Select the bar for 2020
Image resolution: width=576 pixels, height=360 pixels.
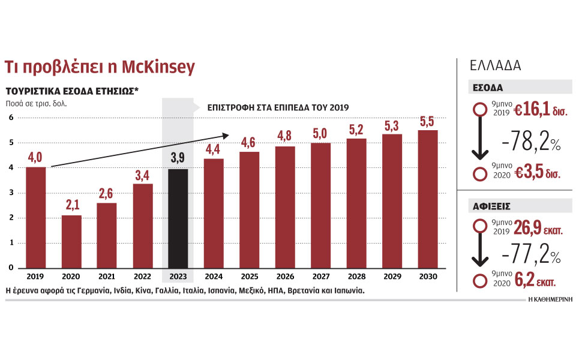pyautogui.click(x=71, y=241)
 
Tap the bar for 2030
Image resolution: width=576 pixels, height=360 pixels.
pyautogui.click(x=428, y=199)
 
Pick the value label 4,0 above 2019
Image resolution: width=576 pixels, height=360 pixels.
pyautogui.click(x=35, y=158)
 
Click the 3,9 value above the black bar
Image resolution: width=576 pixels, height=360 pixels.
pyautogui.click(x=178, y=159)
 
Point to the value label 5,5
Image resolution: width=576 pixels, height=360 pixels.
pyautogui.click(x=428, y=121)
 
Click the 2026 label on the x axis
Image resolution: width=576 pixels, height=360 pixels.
pyautogui.click(x=285, y=277)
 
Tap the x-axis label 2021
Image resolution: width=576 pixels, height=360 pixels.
pyautogui.click(x=107, y=277)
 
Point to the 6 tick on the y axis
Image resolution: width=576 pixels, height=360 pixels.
pyautogui.click(x=10, y=118)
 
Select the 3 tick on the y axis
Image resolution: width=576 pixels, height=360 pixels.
pyautogui.click(x=10, y=193)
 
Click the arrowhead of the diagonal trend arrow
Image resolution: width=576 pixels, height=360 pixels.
pyautogui.click(x=227, y=135)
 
